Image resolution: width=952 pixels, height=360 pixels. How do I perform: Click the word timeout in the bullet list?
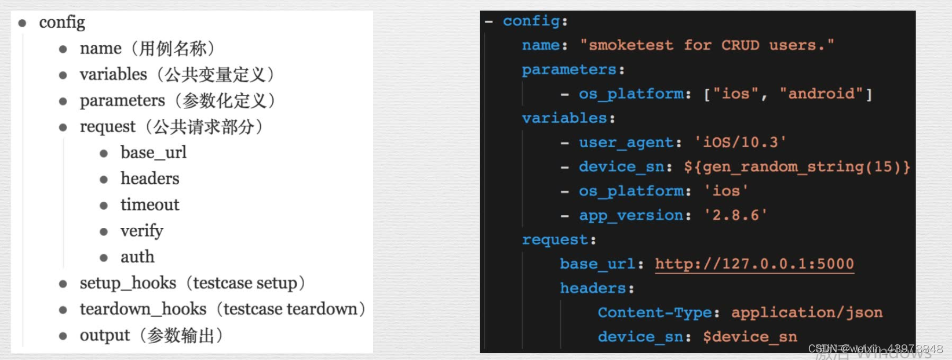coord(149,205)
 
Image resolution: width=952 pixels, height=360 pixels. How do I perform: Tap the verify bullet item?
coord(141,231)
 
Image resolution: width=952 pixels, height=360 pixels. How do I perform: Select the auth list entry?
coord(137,257)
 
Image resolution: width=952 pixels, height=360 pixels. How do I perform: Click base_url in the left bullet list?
coord(153,152)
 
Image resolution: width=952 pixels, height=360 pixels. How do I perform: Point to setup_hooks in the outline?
coord(127,283)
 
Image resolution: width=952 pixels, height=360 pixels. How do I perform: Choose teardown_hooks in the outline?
coord(143,309)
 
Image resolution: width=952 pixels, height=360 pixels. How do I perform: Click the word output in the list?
coord(105,335)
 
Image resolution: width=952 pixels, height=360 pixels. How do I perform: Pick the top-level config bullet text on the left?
coord(62,22)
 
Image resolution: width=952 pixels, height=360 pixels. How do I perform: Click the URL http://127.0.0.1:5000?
coord(754,264)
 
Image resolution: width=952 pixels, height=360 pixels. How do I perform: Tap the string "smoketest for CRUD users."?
coord(706,45)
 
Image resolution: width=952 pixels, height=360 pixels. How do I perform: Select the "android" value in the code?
coord(821,94)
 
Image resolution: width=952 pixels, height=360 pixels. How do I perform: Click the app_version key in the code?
coord(631,216)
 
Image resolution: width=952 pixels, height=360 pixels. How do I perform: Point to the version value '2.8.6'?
coord(735,216)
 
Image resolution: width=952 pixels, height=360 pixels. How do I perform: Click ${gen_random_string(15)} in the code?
coord(797,167)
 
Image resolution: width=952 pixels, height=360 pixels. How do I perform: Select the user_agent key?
coord(626,143)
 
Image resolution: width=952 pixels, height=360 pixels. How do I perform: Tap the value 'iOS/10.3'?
coord(740,143)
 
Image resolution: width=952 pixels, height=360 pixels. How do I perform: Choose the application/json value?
coord(807,313)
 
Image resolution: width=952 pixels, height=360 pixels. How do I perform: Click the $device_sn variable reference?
coord(750,337)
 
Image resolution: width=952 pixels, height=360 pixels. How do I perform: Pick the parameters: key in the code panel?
coord(569,70)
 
